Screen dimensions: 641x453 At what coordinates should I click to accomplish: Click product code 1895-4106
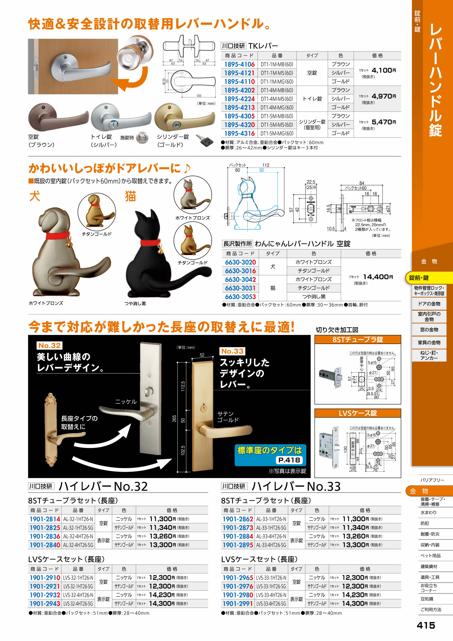pyautogui.click(x=239, y=64)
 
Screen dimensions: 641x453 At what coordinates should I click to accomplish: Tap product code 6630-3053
pyautogui.click(x=240, y=296)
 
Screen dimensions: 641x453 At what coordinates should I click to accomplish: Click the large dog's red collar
pyautogui.click(x=57, y=236)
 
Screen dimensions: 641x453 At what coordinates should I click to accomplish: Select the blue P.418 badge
pyautogui.click(x=289, y=460)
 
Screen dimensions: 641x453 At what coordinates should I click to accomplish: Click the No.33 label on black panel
pyautogui.click(x=232, y=351)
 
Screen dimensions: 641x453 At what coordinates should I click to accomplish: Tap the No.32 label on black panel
pyautogui.click(x=49, y=345)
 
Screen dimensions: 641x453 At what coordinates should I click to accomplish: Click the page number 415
pyautogui.click(x=426, y=625)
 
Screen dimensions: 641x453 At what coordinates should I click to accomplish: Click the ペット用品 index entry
pyautogui.click(x=430, y=556)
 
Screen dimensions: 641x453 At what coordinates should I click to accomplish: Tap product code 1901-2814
pyautogui.click(x=45, y=519)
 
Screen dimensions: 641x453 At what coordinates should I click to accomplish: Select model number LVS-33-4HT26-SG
pyautogui.click(x=271, y=603)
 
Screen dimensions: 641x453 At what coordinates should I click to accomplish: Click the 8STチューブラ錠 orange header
pyautogui.click(x=358, y=339)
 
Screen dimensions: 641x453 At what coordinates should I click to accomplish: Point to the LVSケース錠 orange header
pyautogui.click(x=358, y=413)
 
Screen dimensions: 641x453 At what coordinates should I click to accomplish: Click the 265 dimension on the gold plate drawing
pyautogui.click(x=174, y=419)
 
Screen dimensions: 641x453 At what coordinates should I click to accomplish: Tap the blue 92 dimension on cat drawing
pyautogui.click(x=261, y=170)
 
